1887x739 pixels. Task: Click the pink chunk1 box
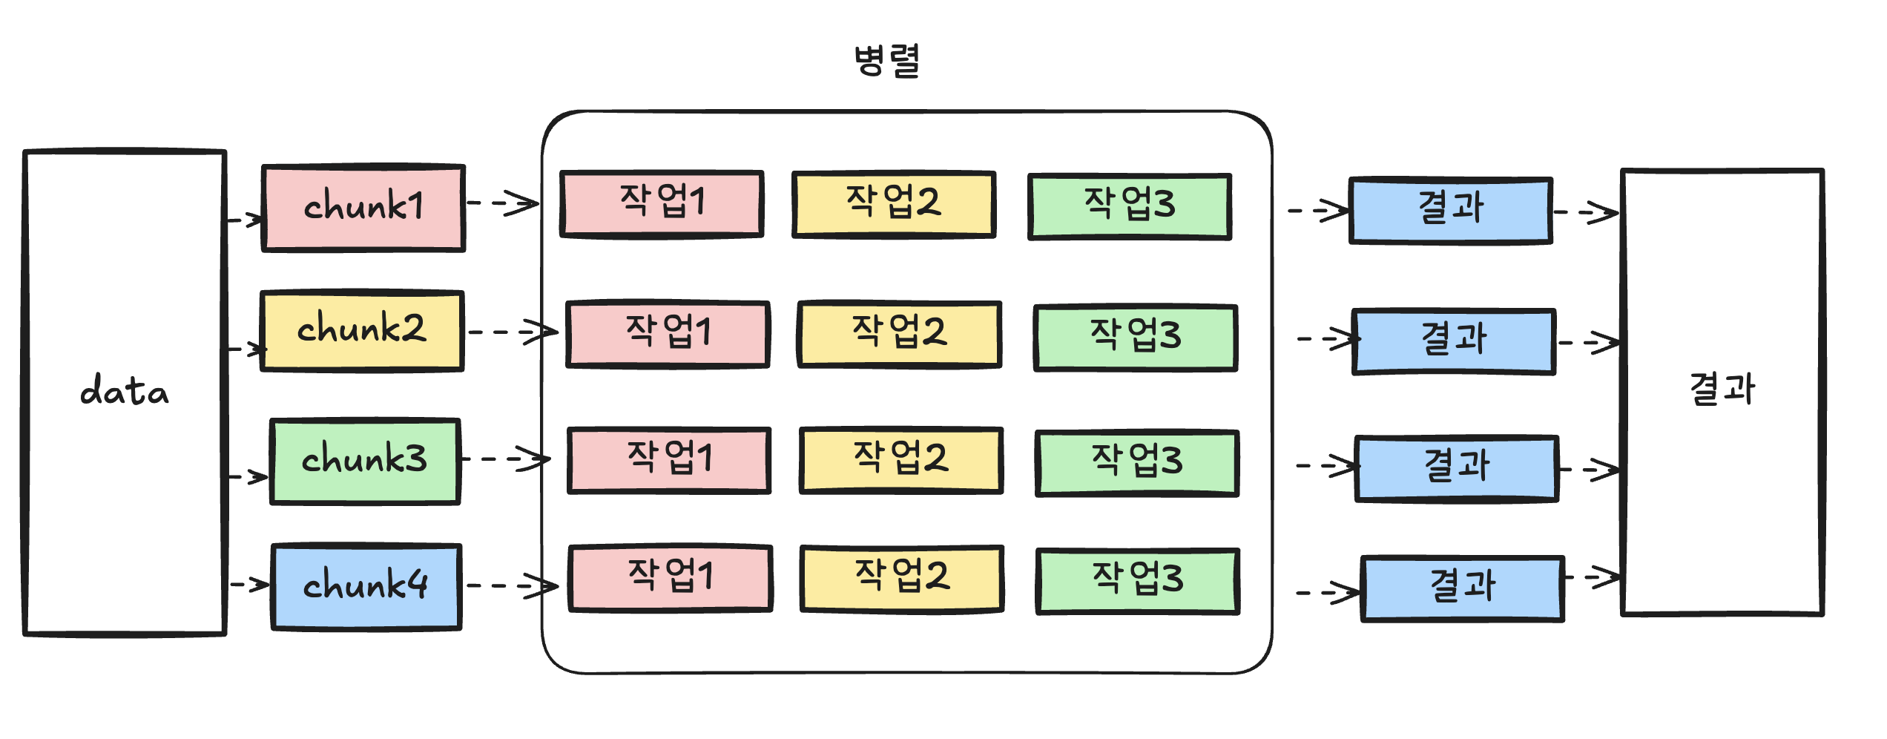click(363, 208)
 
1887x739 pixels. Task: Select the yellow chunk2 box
click(362, 330)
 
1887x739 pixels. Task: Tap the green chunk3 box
click(365, 461)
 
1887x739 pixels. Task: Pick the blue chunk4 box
click(366, 586)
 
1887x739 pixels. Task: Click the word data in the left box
click(125, 392)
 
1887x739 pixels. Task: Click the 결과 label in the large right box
click(1722, 390)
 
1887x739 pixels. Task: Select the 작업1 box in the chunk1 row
click(662, 203)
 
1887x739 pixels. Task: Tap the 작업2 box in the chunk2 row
click(899, 333)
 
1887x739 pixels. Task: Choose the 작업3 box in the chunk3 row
click(1137, 462)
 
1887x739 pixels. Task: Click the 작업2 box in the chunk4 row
click(902, 578)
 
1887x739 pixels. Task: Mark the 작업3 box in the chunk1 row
click(1130, 206)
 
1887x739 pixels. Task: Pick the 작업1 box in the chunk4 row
click(671, 577)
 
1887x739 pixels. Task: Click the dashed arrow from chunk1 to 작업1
click(503, 203)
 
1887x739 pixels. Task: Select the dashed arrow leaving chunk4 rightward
click(512, 586)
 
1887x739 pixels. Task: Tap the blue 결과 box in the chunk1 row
click(1451, 210)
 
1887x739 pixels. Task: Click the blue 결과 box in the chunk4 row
click(1463, 588)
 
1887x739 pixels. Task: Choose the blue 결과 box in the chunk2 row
click(1454, 341)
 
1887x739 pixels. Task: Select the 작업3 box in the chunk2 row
click(1136, 337)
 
